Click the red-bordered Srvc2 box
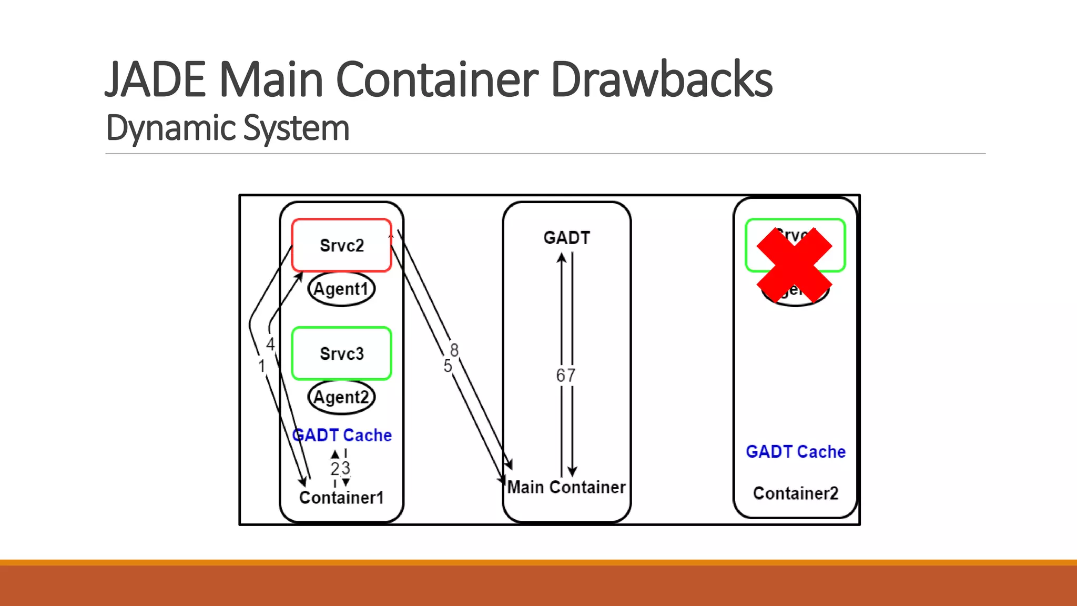coord(341,245)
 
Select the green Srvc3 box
coord(341,353)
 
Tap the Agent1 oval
coord(341,289)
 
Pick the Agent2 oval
coord(341,397)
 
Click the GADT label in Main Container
coord(566,238)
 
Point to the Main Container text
coord(566,487)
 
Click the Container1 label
coord(341,497)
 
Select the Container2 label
coord(795,493)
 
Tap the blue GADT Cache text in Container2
coord(795,451)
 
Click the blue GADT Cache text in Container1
coord(342,435)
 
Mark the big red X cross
coord(795,266)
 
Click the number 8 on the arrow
coord(454,350)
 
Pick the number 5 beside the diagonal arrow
coord(448,366)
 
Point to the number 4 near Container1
coord(270,344)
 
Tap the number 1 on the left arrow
coord(261,366)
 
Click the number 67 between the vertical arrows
coord(566,375)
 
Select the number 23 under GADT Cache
coord(340,468)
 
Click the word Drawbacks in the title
coord(661,79)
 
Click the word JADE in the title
coord(156,79)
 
